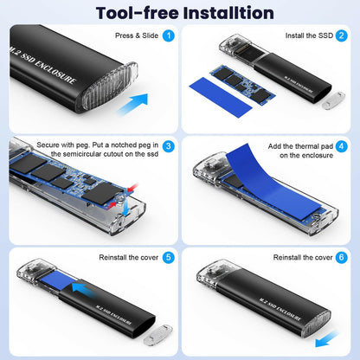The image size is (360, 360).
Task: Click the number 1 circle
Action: tap(168, 36)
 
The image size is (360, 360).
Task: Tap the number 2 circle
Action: tap(342, 36)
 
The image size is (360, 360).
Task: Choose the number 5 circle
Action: tap(168, 257)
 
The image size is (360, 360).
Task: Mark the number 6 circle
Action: tap(342, 257)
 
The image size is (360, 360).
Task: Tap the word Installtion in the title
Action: tap(228, 12)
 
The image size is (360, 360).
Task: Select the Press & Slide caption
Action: tap(136, 36)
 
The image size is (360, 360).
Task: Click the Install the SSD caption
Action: tap(307, 36)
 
